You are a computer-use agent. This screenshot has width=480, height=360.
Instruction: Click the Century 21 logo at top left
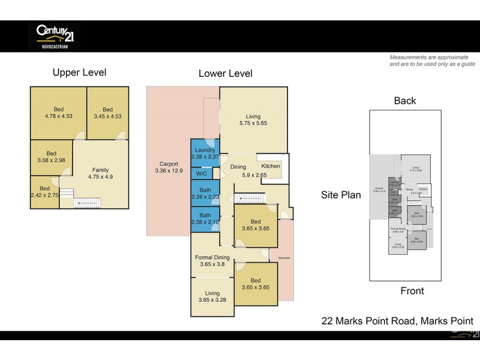55,35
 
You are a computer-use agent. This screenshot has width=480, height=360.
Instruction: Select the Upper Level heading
79,73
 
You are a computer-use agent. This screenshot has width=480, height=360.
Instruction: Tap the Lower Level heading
225,74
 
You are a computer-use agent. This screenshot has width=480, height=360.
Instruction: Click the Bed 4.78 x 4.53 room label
58,113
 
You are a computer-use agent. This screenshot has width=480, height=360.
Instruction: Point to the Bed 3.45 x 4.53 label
107,113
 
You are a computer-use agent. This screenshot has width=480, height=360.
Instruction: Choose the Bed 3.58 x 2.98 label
52,157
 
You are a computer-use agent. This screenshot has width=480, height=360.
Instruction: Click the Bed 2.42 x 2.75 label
45,192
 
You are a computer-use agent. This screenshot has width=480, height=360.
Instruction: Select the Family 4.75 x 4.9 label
100,173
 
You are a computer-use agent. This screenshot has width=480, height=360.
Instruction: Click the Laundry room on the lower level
205,154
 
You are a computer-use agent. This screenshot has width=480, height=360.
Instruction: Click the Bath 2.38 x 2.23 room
205,193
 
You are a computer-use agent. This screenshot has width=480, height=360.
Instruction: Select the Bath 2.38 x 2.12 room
205,218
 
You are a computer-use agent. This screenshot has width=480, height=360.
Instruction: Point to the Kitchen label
271,165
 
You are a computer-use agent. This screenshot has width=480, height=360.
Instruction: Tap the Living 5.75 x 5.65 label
253,120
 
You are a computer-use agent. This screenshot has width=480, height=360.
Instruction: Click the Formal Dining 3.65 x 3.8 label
212,261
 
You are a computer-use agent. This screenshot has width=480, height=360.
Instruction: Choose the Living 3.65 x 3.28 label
212,297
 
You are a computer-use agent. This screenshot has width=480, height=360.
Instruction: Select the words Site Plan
341,195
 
